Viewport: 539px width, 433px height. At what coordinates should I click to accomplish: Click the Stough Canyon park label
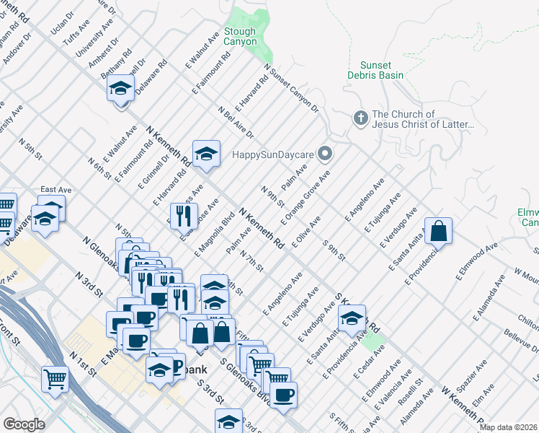coord(240,36)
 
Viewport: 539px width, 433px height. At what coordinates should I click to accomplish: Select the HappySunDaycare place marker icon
coord(325,153)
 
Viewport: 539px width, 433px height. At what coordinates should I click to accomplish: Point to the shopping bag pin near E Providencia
coord(438,231)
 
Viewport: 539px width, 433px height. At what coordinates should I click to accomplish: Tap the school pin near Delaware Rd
coord(120,89)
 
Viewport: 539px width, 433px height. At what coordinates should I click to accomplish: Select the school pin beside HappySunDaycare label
coord(206,153)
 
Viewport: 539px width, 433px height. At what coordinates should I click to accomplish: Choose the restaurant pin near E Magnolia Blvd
coord(183,215)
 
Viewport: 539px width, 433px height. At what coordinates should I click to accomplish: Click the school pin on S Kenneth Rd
coord(352,318)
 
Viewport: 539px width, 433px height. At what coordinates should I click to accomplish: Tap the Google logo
coord(24,424)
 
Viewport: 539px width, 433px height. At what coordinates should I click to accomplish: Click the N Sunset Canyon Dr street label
coord(291,89)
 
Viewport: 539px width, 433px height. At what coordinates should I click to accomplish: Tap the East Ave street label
coord(55,190)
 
